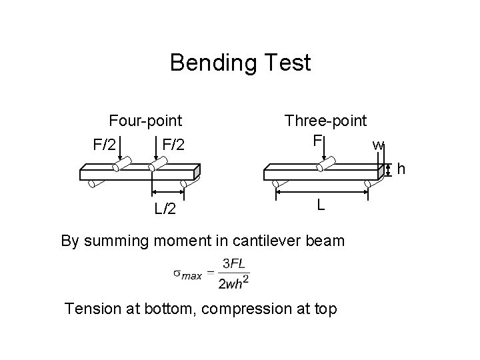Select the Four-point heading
[x=145, y=121]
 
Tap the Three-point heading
[x=325, y=121]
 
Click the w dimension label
[x=378, y=145]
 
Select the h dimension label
[x=401, y=170]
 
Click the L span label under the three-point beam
[x=321, y=205]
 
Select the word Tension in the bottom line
[x=91, y=309]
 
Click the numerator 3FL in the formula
[x=233, y=265]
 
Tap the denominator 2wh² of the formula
[x=234, y=283]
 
